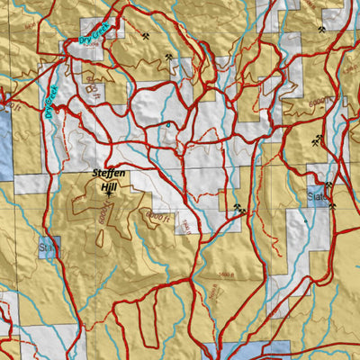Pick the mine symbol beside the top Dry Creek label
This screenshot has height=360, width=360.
coord(143,39)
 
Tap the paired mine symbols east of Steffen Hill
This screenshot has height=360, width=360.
coord(238,209)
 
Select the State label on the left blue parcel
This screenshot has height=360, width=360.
coord(47,245)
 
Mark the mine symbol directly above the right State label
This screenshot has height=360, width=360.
coord(328,185)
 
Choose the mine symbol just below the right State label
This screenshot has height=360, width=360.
coord(332,204)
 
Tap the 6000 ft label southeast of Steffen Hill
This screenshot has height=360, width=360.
coord(157,215)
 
